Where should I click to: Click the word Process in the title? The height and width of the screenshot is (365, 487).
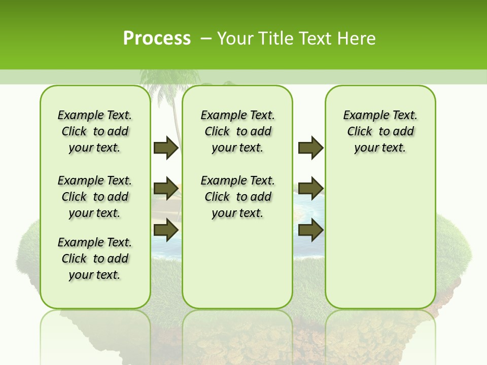click(157, 39)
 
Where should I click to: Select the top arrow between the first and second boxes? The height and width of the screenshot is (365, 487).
click(166, 148)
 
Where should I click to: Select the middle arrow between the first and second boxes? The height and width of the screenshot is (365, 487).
click(166, 189)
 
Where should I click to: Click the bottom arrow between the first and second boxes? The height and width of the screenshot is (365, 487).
click(166, 230)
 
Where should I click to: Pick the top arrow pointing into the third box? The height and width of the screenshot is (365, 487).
click(310, 148)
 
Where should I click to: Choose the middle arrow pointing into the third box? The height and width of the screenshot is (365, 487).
click(310, 189)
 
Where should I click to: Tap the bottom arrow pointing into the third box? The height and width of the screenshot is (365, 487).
click(310, 230)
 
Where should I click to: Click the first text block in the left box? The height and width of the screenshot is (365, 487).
click(95, 131)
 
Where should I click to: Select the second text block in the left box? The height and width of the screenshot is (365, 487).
click(95, 197)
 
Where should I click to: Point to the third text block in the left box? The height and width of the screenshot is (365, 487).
click(95, 259)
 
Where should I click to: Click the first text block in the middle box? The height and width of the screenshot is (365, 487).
click(237, 131)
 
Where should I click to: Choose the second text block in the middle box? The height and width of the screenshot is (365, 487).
click(237, 197)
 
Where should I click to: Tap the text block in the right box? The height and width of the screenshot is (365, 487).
click(380, 131)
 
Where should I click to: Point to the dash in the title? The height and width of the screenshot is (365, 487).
click(206, 39)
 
